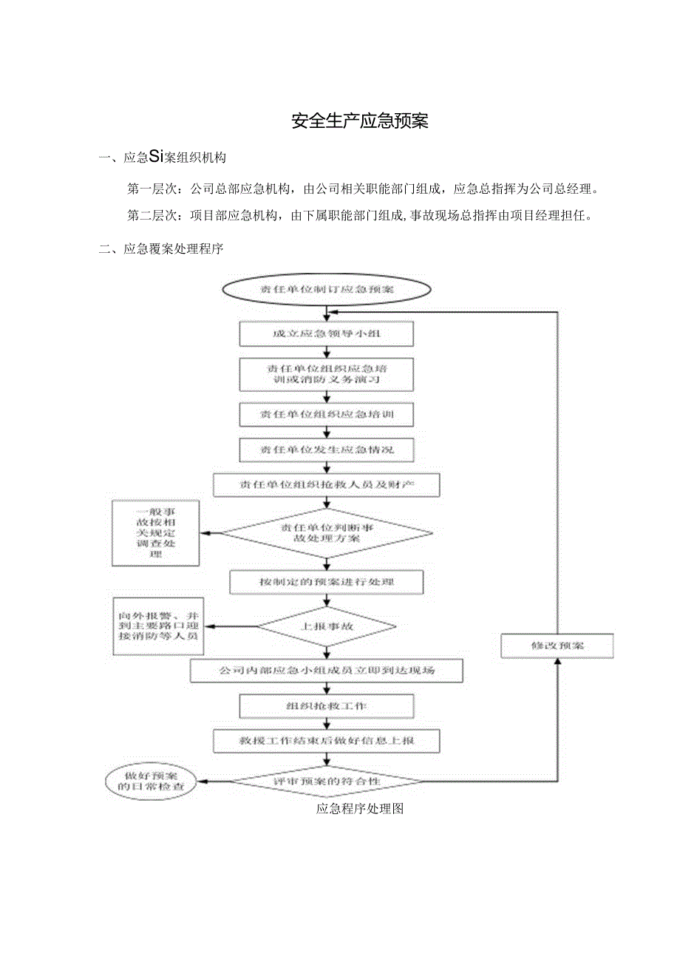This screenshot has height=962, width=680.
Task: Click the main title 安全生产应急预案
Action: (x=359, y=121)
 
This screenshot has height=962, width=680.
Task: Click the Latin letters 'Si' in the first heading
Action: (x=156, y=157)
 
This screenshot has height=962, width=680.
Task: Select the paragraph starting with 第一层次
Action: (x=362, y=189)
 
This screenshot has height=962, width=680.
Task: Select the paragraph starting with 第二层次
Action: (x=358, y=215)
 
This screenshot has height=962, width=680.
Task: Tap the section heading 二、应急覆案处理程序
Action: (x=161, y=249)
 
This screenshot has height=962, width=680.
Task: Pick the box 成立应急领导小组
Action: (x=326, y=334)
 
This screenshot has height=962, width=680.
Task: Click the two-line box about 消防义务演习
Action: (x=326, y=373)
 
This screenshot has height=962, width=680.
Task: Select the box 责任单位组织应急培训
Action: (x=326, y=414)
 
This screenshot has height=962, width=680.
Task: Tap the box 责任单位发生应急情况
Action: (x=326, y=449)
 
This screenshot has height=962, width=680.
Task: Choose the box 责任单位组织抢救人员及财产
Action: (x=326, y=484)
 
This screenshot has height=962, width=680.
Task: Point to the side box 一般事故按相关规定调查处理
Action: (x=155, y=533)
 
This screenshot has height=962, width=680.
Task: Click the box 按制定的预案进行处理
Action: (x=326, y=582)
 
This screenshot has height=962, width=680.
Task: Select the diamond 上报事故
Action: (x=326, y=626)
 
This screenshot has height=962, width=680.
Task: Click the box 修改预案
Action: (x=557, y=646)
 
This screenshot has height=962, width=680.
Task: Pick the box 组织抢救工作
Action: (x=326, y=706)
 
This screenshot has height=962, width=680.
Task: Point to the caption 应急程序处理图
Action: (x=359, y=808)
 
